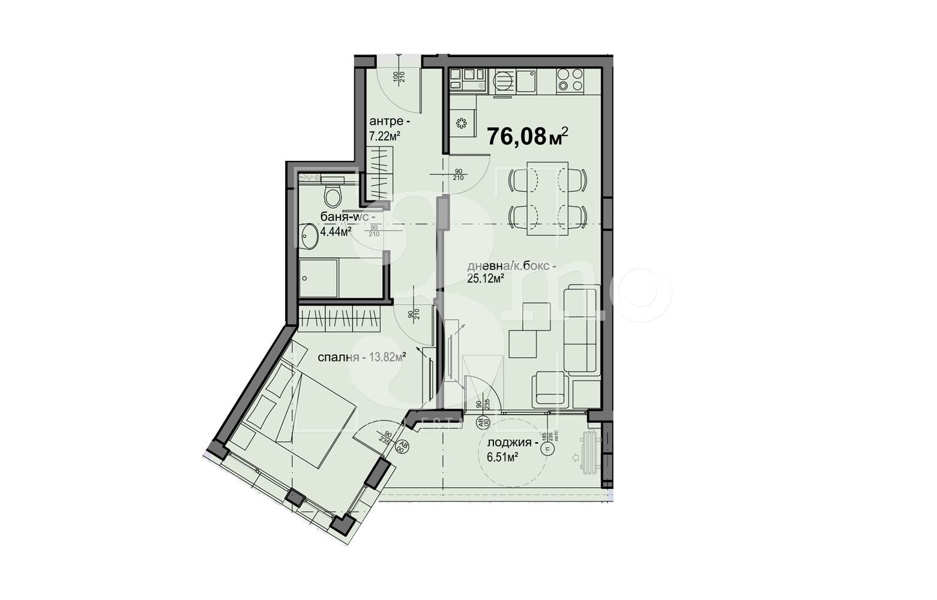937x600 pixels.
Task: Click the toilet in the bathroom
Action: [332, 195]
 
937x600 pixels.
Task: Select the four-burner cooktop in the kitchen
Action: [570, 80]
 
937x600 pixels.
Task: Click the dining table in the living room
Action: [547, 196]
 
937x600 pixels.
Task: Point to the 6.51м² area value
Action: [503, 457]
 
